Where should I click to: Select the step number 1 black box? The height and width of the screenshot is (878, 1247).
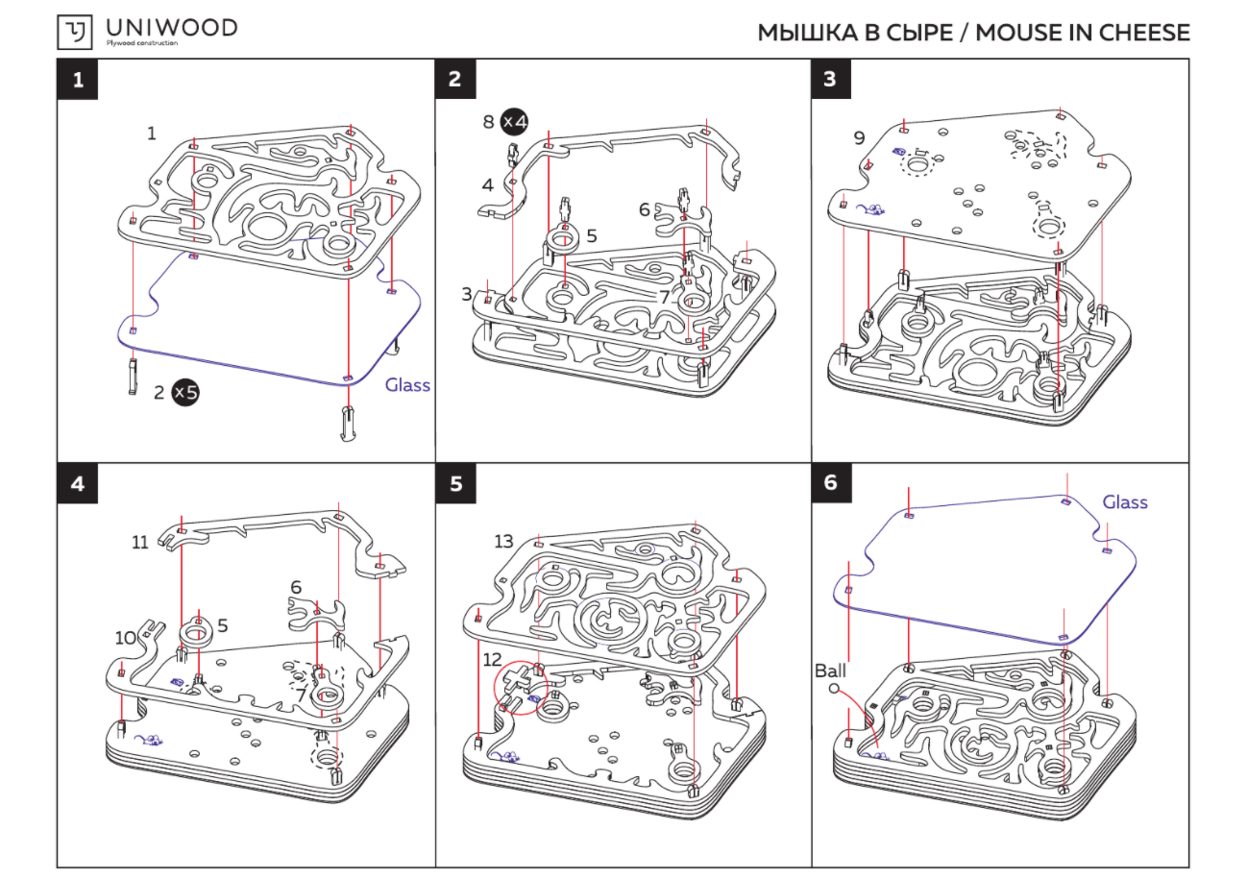click(x=77, y=80)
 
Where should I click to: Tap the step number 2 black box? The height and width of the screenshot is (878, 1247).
click(x=454, y=80)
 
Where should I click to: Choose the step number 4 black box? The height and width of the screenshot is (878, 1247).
click(x=77, y=483)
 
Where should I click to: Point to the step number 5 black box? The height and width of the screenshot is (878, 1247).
click(x=454, y=483)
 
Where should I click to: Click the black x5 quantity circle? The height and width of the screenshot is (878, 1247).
click(x=185, y=392)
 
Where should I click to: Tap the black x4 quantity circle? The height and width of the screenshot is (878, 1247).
click(x=515, y=122)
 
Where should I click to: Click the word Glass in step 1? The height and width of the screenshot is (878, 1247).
click(x=407, y=385)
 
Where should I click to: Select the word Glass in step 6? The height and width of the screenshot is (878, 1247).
click(x=1124, y=502)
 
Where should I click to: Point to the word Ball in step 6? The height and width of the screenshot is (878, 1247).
click(x=830, y=670)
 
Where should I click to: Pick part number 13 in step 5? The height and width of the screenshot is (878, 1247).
click(x=503, y=542)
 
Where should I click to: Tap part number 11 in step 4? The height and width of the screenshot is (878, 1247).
click(x=140, y=542)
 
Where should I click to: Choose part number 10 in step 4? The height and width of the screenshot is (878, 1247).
click(x=125, y=637)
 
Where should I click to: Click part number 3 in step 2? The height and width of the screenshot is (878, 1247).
click(x=467, y=294)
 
